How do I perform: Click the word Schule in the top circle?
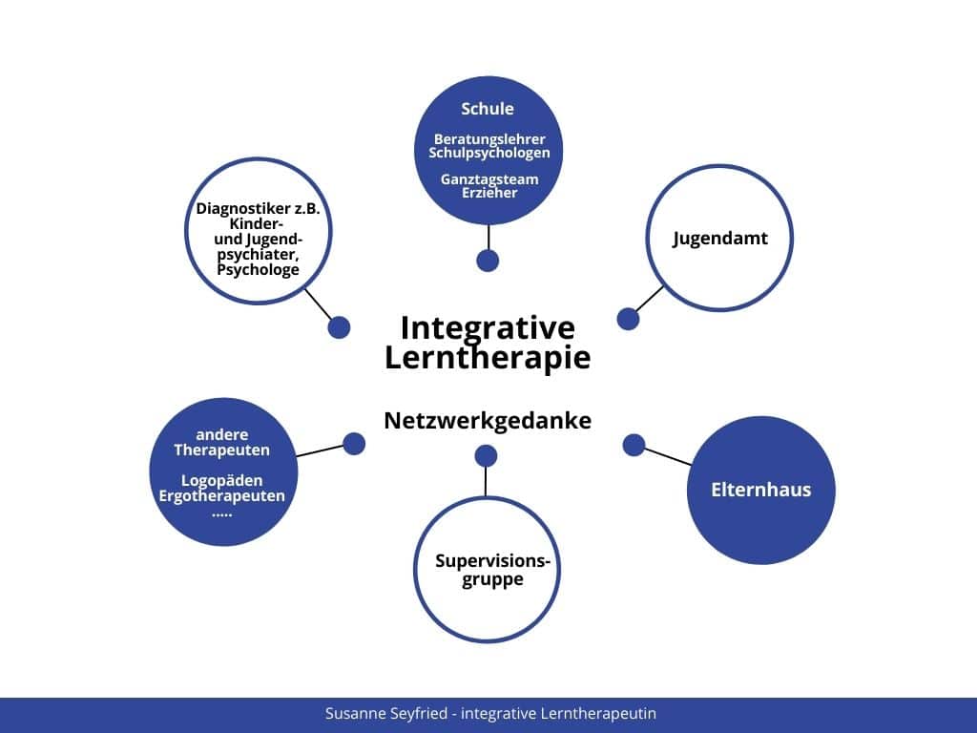(x=488, y=109)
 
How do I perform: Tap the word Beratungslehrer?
(x=489, y=139)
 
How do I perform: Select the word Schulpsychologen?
(x=489, y=154)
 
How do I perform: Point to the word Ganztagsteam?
(x=489, y=179)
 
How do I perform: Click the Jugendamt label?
(x=720, y=239)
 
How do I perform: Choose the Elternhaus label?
(x=760, y=490)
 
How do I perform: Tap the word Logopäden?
(x=221, y=481)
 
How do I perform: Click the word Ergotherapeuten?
(x=221, y=496)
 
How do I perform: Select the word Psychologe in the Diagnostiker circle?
(x=258, y=270)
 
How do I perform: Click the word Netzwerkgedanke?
(x=488, y=421)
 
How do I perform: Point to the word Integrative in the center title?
(x=488, y=328)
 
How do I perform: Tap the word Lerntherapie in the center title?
(x=488, y=359)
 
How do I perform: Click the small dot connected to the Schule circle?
(x=488, y=261)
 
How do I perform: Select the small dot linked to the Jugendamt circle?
(x=628, y=319)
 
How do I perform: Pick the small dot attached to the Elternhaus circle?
(x=634, y=445)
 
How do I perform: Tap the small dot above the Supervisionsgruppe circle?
(x=486, y=455)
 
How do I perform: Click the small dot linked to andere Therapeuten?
(x=354, y=444)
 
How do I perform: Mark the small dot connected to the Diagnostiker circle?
(x=339, y=327)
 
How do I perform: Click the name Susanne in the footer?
(x=351, y=714)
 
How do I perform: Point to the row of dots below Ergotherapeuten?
(x=221, y=514)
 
